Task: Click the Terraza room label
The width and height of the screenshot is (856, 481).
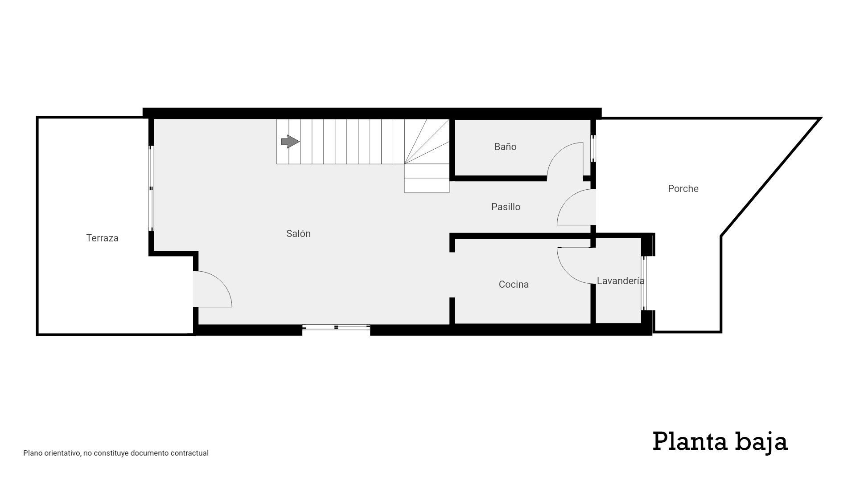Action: pyautogui.click(x=102, y=238)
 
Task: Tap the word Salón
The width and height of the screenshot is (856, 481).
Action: pyautogui.click(x=298, y=233)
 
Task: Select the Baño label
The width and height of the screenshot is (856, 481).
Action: pyautogui.click(x=505, y=147)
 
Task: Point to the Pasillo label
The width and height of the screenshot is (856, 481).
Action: pyautogui.click(x=506, y=207)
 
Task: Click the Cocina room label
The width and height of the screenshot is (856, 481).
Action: pyautogui.click(x=514, y=284)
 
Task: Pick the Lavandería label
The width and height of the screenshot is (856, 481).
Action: pyautogui.click(x=621, y=281)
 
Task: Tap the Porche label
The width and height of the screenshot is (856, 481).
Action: pyautogui.click(x=683, y=188)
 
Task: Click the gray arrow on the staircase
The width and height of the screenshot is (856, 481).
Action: pyautogui.click(x=290, y=142)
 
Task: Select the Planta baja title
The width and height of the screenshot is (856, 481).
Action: pyautogui.click(x=720, y=442)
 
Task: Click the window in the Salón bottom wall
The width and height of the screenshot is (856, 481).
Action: pyautogui.click(x=336, y=327)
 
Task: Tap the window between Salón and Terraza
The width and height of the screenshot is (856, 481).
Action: pyautogui.click(x=151, y=188)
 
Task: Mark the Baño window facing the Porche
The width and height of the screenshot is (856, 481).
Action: pyautogui.click(x=593, y=149)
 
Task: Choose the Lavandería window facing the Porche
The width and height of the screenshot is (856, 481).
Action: pyautogui.click(x=643, y=283)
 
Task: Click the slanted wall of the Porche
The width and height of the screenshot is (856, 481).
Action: pyautogui.click(x=771, y=177)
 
